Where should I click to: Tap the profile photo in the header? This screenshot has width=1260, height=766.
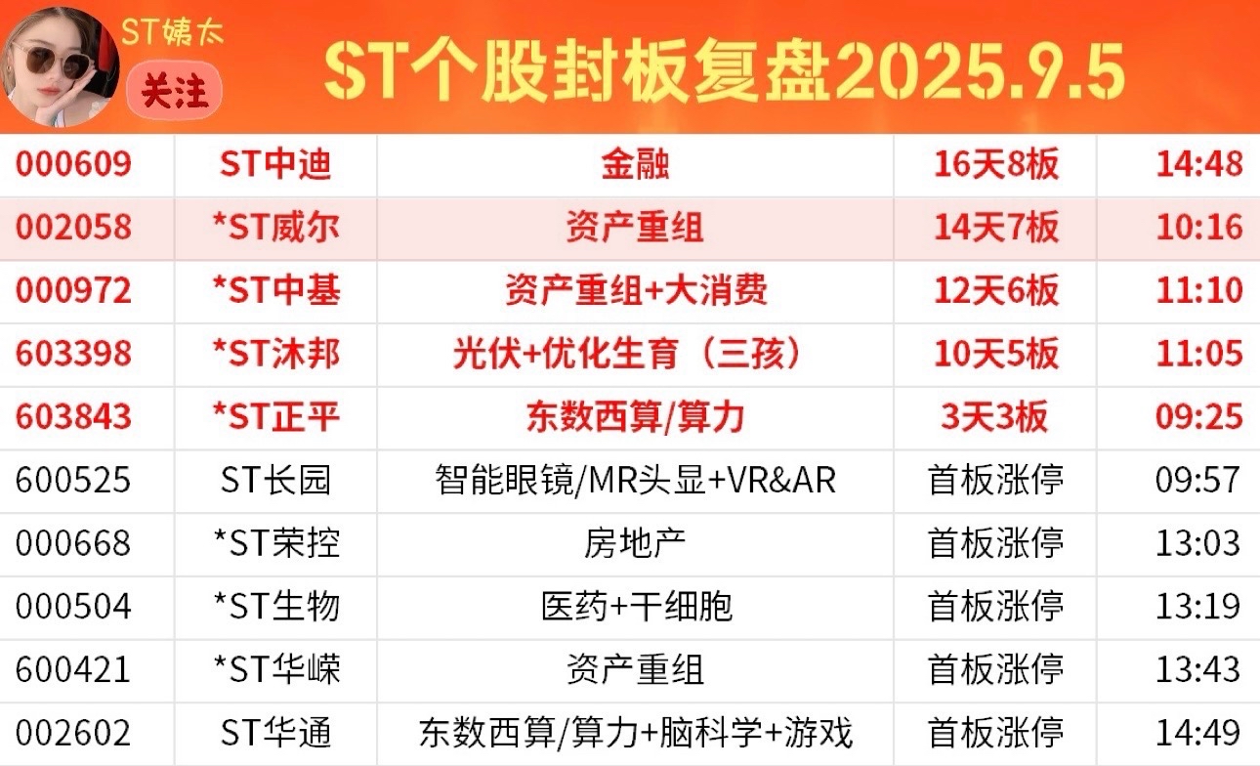click(x=61, y=67)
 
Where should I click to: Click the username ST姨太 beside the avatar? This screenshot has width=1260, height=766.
click(x=172, y=31)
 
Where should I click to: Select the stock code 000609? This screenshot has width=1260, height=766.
click(x=73, y=164)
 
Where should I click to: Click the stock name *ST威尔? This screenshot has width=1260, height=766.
click(x=276, y=228)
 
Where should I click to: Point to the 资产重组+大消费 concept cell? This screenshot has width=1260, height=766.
click(x=636, y=290)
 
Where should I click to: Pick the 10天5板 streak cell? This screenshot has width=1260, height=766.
click(x=996, y=354)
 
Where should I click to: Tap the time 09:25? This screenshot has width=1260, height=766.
click(x=1198, y=417)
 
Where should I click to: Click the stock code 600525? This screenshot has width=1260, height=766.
click(x=73, y=480)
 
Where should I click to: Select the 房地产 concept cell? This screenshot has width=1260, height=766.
click(x=635, y=543)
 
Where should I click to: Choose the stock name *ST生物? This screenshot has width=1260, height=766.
click(x=276, y=607)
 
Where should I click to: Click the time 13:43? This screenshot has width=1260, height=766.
click(x=1198, y=669)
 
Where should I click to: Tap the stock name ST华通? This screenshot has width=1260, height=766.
click(x=275, y=733)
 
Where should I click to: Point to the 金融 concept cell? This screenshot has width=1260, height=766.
click(x=635, y=164)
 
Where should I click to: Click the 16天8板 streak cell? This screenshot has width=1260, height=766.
click(x=996, y=164)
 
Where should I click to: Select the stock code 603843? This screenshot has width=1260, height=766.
click(x=73, y=417)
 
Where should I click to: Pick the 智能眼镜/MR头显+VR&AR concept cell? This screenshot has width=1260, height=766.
click(x=635, y=480)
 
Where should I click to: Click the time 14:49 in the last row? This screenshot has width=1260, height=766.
click(x=1198, y=733)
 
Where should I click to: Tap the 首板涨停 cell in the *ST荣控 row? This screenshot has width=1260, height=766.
click(x=995, y=543)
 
